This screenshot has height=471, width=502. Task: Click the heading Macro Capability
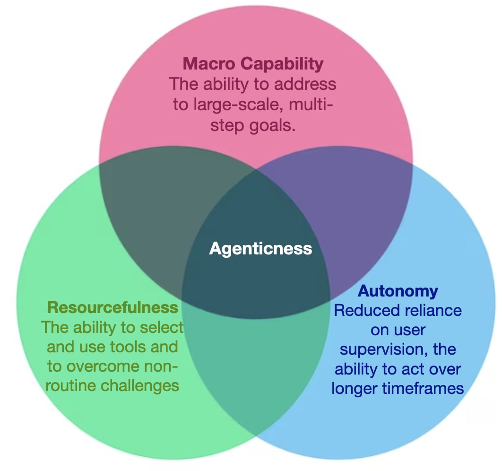(x=253, y=63)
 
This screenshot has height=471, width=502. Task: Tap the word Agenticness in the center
(x=260, y=248)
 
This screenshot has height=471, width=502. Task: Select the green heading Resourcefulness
(x=113, y=307)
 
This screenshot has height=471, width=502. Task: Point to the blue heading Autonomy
(x=398, y=290)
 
